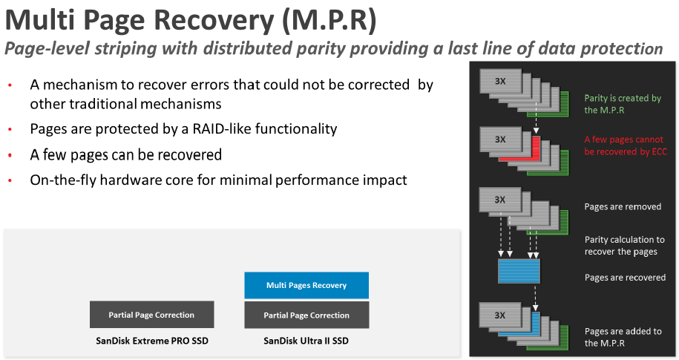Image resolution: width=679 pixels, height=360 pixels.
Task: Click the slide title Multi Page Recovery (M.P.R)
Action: point(190,20)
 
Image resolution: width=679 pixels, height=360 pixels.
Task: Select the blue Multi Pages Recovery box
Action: point(306,285)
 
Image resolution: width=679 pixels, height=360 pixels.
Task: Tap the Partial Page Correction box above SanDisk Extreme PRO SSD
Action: point(151,315)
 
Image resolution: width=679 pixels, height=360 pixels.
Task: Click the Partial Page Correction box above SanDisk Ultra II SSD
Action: point(306,315)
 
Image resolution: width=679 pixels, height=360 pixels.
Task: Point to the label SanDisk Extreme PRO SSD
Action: point(151,341)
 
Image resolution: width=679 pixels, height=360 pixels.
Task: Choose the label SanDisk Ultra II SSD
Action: point(306,341)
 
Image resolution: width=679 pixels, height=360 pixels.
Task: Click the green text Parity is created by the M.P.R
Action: point(622,104)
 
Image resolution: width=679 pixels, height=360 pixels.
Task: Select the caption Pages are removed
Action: point(622,206)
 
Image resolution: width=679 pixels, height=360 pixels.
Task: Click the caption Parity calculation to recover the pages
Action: point(624,246)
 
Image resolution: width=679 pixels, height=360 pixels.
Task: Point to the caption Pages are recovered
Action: point(625,278)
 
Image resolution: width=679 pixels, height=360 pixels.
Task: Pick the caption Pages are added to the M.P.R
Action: point(623,337)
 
